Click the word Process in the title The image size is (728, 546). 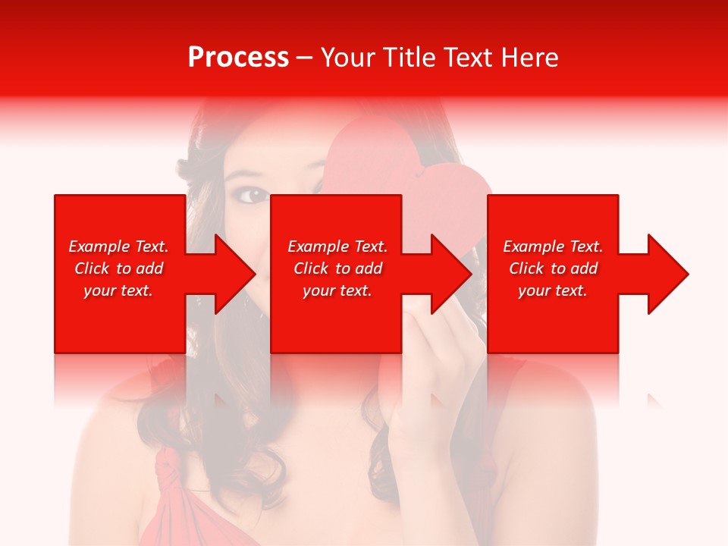238,58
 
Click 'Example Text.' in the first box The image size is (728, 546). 118,246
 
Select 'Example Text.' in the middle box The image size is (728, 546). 337,246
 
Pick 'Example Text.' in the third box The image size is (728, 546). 553,246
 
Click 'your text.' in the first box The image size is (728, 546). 118,290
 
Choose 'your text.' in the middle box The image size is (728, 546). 337,290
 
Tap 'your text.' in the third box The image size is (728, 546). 553,290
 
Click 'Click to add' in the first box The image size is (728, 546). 118,268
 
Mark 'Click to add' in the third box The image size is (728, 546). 553,268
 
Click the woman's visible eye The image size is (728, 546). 253,195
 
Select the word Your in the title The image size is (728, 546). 346,58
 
